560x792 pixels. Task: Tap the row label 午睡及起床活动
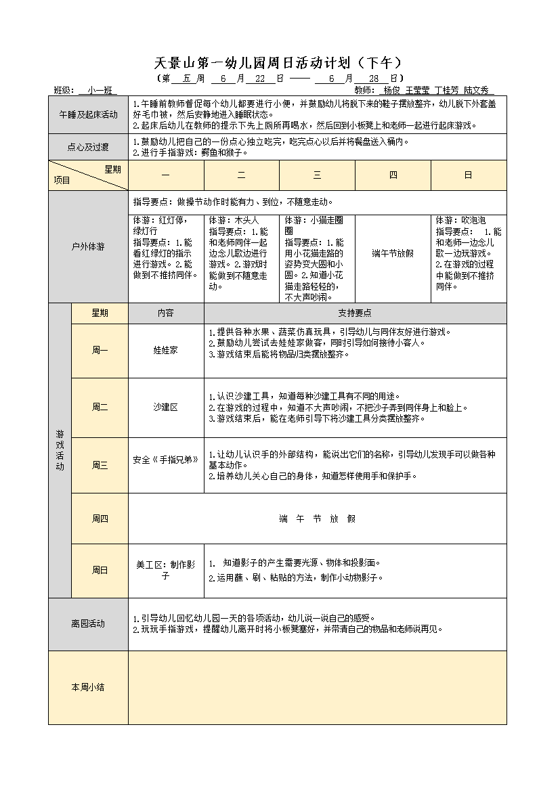(88, 114)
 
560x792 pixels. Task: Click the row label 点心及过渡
(88, 147)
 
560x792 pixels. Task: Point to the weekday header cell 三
(317, 175)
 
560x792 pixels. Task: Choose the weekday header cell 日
(468, 175)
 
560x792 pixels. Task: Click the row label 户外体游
(88, 246)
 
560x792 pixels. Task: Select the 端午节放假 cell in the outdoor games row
(393, 253)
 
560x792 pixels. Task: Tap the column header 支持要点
(355, 313)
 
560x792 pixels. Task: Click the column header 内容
(166, 313)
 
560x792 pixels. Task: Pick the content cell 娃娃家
(166, 351)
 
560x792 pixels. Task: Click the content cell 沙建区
(166, 407)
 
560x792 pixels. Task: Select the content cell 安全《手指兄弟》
(166, 460)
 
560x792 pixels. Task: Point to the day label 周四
(100, 519)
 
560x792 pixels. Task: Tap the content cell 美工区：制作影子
(166, 570)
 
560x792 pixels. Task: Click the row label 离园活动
(88, 623)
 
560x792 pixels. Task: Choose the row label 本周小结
(88, 687)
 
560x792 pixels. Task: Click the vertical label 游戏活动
(60, 450)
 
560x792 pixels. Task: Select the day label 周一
(100, 351)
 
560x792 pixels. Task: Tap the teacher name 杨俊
(391, 90)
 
